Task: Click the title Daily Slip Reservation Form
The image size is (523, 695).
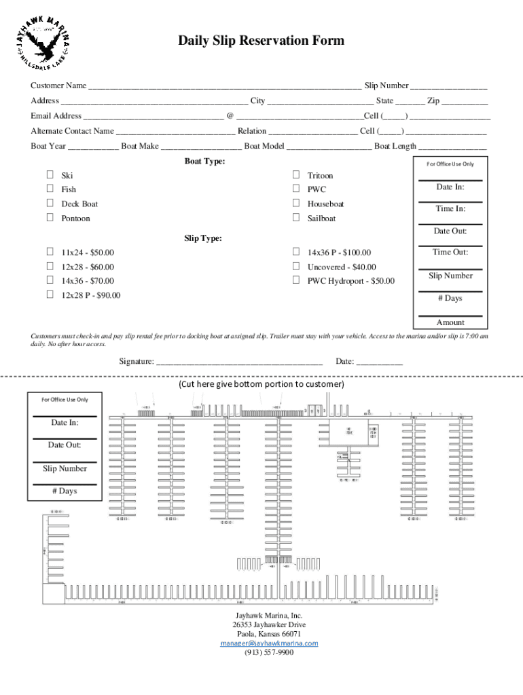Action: pos(261,41)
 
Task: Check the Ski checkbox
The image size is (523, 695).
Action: pos(50,175)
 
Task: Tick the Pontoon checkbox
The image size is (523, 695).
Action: pos(50,218)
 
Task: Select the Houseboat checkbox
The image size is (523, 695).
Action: pos(295,204)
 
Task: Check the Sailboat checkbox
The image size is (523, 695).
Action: pos(295,218)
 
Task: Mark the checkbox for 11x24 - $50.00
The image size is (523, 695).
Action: pos(50,252)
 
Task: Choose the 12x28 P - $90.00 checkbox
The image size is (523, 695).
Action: pos(50,295)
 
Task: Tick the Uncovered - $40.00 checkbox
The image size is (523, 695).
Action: pos(295,267)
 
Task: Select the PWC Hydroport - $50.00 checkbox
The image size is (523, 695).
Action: pos(295,280)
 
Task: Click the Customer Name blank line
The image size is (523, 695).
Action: pos(224,86)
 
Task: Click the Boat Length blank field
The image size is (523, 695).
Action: pos(452,147)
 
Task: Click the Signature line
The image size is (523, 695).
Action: pos(239,362)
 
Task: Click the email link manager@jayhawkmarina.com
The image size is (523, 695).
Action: pos(269,643)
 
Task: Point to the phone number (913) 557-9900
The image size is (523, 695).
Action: pos(269,652)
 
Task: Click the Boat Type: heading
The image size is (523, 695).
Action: pos(204,162)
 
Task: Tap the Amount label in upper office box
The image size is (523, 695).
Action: pos(450,322)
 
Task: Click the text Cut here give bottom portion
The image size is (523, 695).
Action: pos(261,384)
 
